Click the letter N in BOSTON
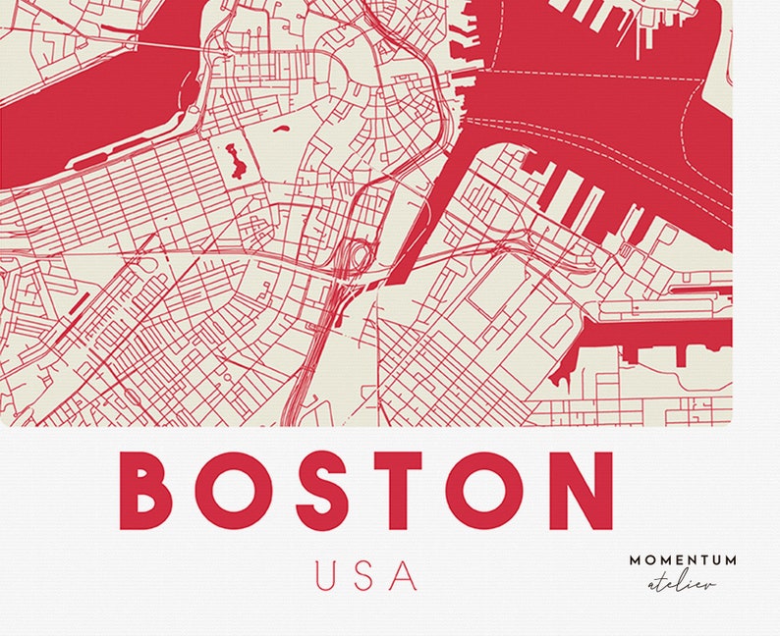coord(575,488)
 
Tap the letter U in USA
coord(328,574)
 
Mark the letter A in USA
coord(403,574)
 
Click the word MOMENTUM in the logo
coord(682,560)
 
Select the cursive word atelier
coord(682,584)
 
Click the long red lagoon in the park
coord(234,160)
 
